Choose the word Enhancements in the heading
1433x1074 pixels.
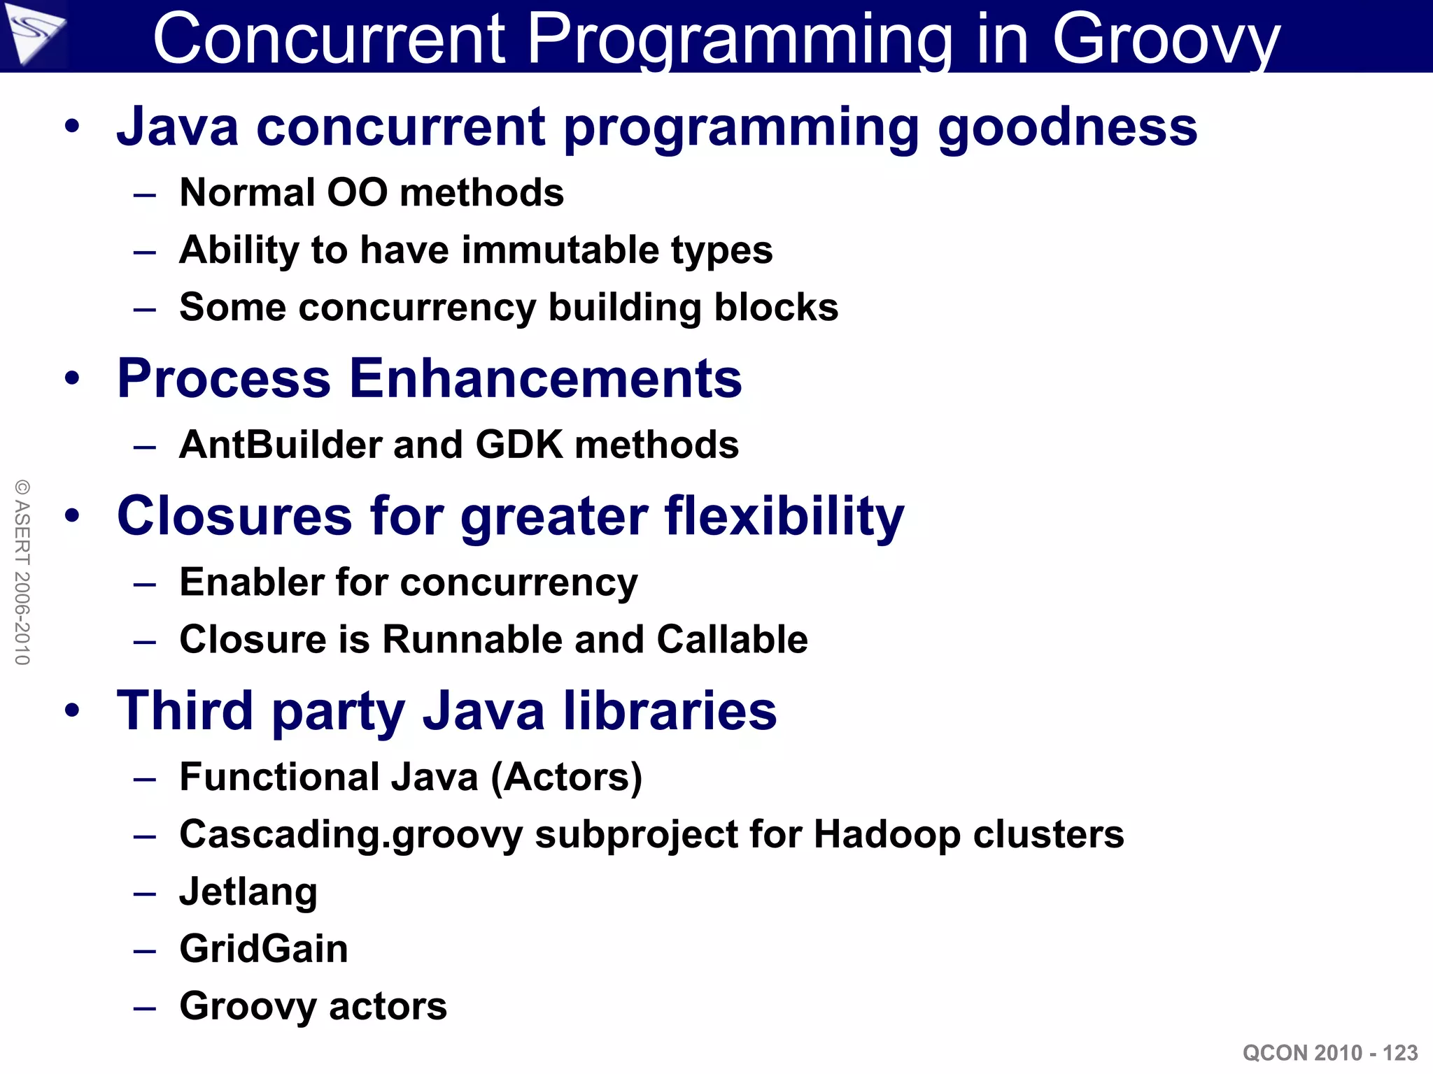(545, 378)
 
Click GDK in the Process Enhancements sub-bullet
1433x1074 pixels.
(518, 445)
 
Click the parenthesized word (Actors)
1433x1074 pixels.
(566, 777)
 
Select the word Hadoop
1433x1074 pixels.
(887, 834)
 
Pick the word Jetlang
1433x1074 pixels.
(248, 892)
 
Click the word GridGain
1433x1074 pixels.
(264, 949)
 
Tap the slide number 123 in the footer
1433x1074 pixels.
(1400, 1053)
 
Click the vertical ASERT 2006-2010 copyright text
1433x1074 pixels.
(22, 572)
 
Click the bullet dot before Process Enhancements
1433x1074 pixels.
(72, 378)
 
